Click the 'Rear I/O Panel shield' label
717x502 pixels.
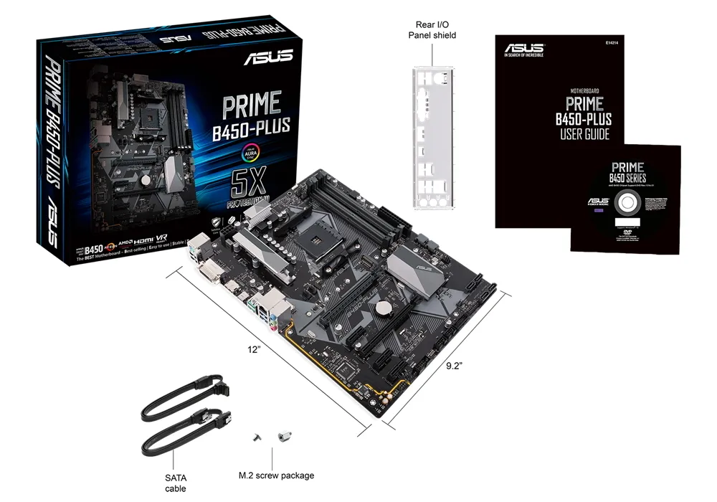tap(432, 29)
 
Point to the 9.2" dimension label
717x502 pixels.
tap(454, 365)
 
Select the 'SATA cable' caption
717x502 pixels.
tap(174, 482)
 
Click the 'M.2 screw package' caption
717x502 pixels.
tap(276, 475)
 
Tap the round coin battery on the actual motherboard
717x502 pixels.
tap(387, 309)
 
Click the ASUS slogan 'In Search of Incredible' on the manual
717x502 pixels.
tap(523, 54)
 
